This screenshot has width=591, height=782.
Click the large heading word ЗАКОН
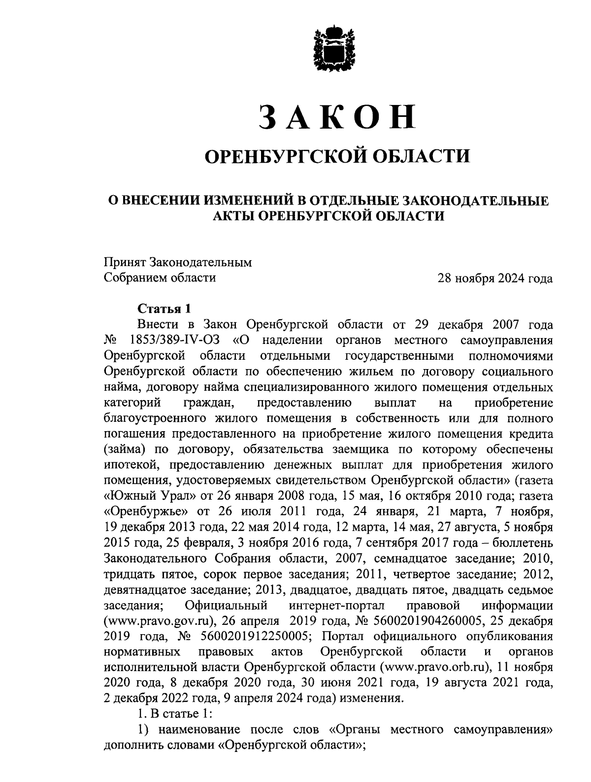click(336, 117)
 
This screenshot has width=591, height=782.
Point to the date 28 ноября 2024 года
click(495, 278)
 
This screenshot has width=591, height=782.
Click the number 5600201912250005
click(253, 636)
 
